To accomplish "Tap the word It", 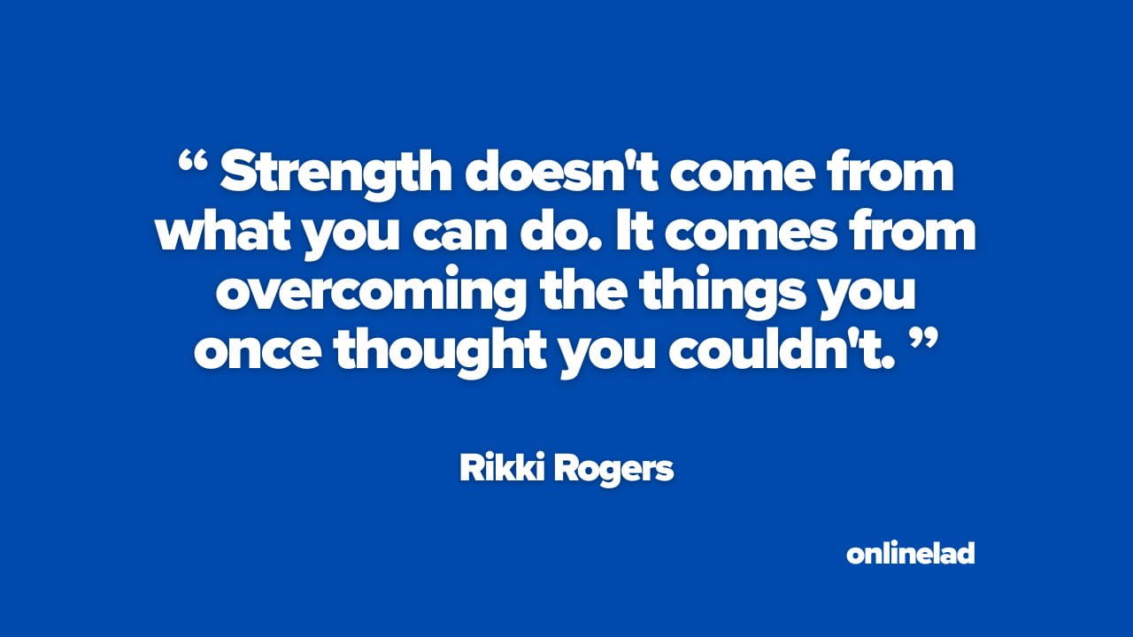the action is coord(633,232).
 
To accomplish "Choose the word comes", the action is coord(748,235).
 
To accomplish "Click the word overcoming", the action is coord(371,294).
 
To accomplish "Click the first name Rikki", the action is coord(502,468).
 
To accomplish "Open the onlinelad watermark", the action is coord(911,553).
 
